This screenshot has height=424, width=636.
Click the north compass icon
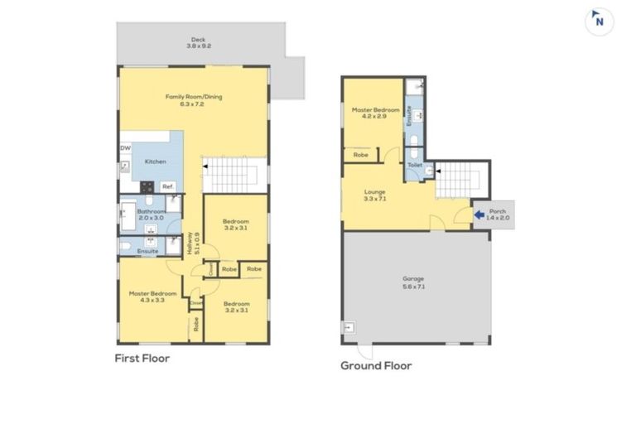[x=599, y=22]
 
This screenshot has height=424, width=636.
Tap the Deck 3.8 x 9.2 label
[x=197, y=43]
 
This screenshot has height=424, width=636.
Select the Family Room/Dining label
[x=194, y=101]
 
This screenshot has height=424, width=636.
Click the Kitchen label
[x=155, y=161]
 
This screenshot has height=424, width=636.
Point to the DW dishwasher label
[x=125, y=148]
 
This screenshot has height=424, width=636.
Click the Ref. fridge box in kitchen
[x=167, y=186]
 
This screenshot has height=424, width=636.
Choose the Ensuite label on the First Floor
[x=148, y=251]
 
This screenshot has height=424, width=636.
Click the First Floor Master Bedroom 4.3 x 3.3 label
[x=152, y=297]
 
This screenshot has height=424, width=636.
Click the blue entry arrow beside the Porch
[x=479, y=215]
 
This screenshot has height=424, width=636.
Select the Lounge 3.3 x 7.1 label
[x=375, y=195]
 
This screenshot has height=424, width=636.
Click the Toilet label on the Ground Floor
[x=414, y=166]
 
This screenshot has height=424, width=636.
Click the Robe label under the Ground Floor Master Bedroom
[x=361, y=155]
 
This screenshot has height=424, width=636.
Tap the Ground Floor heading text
[x=376, y=365]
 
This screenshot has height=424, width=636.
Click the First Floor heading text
[x=142, y=359]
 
